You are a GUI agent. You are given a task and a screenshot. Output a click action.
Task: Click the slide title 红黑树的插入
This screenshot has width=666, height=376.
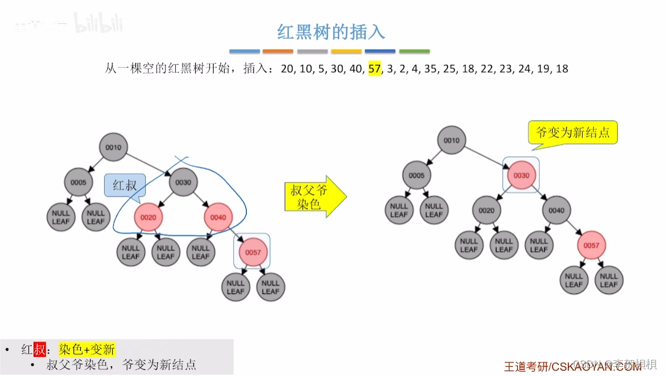(x=331, y=31)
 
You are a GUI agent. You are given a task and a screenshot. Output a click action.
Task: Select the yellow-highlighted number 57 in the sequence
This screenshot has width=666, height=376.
(x=375, y=69)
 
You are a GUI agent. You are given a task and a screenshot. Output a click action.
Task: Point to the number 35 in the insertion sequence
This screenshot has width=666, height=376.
(x=430, y=69)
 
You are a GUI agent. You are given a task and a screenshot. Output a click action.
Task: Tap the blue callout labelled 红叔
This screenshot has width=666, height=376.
(x=125, y=186)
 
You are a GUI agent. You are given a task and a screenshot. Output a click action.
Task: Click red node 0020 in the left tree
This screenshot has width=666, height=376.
(x=148, y=217)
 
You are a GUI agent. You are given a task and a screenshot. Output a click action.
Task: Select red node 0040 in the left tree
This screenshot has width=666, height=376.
(x=218, y=217)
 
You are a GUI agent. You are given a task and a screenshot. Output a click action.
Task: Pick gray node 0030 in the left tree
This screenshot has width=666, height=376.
(x=183, y=182)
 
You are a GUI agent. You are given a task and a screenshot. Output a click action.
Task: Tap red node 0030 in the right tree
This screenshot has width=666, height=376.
(x=521, y=175)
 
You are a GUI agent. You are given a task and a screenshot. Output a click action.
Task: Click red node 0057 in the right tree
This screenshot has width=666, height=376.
(x=591, y=246)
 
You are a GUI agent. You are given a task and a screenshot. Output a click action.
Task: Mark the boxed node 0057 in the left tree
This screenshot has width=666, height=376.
(x=253, y=252)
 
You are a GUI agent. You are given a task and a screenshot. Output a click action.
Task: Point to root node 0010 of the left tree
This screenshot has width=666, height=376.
(x=113, y=148)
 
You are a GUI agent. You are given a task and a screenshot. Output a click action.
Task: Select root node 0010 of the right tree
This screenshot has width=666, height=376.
(x=451, y=140)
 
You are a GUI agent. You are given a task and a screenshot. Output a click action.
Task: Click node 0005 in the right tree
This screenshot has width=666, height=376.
(x=416, y=175)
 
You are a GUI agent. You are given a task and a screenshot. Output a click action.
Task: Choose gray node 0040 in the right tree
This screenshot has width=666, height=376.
(x=556, y=210)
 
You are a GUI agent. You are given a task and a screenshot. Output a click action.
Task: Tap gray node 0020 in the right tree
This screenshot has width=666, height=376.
(x=486, y=210)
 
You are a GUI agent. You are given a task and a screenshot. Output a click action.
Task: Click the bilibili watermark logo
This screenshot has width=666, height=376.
(x=99, y=24)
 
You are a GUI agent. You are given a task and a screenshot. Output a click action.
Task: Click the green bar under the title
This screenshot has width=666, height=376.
(x=414, y=51)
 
